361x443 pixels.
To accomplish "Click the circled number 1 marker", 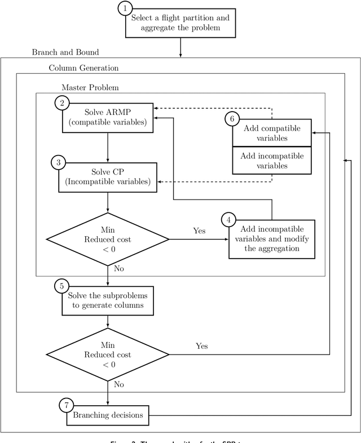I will (125, 8).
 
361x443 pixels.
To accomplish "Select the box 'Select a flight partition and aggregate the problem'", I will (180, 23).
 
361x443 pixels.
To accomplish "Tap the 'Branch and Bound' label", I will (65, 52).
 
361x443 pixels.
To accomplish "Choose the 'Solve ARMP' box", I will (107, 117).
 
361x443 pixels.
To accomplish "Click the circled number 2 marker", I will (61, 103).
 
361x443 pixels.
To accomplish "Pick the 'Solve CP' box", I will (107, 176).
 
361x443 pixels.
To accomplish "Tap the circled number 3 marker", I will (59, 162).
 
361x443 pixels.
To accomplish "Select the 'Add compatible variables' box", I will (272, 133).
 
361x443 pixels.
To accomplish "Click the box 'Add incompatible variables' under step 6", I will (272, 161).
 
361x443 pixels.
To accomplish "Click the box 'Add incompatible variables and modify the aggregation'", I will (271, 239).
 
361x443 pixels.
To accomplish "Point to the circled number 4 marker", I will (228, 220).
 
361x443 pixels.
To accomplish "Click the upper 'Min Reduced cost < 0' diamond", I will (107, 240).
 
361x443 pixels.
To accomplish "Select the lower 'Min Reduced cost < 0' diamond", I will (107, 355).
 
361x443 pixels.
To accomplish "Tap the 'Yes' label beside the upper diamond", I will (199, 231).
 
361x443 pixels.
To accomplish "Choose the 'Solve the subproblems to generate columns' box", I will (107, 301).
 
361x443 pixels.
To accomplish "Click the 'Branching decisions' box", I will (107, 416).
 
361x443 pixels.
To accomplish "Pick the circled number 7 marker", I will (67, 404).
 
